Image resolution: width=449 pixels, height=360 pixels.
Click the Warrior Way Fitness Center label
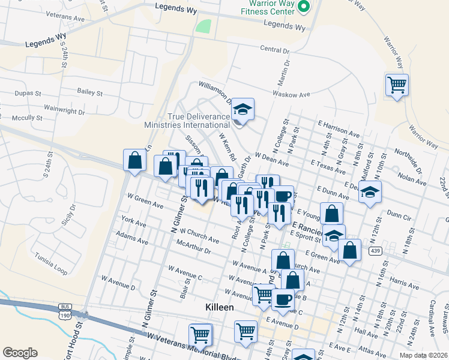tap(268, 7)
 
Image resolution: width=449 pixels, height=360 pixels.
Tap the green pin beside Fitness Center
tap(304, 7)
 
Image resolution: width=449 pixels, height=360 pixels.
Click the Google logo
tap(20, 352)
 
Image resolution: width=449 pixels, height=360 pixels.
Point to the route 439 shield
tap(376, 250)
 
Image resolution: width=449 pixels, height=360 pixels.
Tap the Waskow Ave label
tap(291, 94)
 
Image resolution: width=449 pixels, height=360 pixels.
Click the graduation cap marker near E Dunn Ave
tap(370, 193)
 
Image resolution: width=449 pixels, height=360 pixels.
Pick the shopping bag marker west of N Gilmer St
tap(134, 160)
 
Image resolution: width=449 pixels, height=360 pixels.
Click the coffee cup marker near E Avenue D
tap(282, 299)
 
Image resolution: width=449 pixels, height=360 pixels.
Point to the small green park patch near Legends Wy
tap(204, 26)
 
